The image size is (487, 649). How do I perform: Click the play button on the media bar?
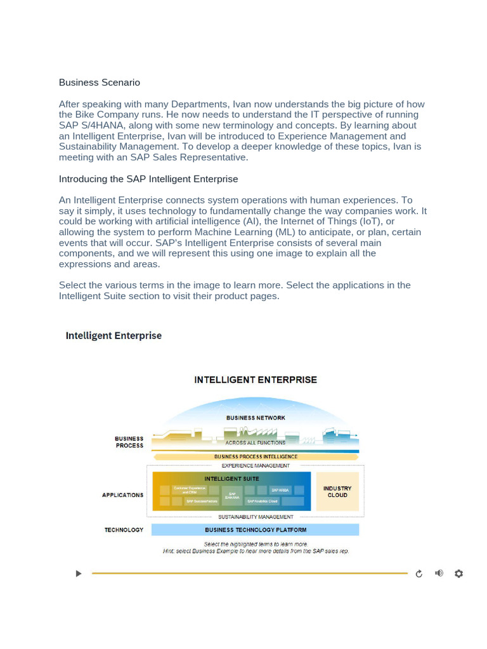[79, 574]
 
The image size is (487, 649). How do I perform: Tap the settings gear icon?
[459, 574]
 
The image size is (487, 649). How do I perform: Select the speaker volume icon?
[439, 574]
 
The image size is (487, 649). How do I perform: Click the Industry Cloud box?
[337, 492]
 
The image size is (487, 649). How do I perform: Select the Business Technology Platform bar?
[256, 530]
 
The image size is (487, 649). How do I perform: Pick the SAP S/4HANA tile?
[233, 496]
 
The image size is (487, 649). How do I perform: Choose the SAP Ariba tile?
[280, 490]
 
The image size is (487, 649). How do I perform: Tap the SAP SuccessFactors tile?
[202, 501]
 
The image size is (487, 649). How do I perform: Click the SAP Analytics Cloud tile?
[263, 501]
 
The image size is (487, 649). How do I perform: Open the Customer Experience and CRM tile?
[190, 490]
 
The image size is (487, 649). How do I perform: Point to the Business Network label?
[256, 418]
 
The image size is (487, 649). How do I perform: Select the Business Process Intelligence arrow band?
[256, 456]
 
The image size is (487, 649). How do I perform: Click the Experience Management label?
[256, 466]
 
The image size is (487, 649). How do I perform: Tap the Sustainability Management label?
[256, 517]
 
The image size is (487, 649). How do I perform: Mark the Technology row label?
[124, 530]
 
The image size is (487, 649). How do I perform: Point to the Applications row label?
[122, 495]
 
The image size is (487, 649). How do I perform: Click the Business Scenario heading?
[100, 82]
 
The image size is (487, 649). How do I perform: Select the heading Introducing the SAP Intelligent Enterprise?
[148, 179]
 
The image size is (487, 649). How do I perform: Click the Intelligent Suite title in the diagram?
[231, 479]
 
